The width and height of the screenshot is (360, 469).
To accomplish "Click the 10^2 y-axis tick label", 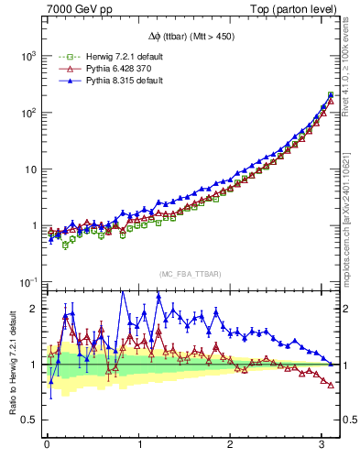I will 27,113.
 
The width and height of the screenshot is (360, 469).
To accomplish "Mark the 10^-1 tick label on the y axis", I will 27,282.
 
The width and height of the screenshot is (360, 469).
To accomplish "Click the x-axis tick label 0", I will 47,446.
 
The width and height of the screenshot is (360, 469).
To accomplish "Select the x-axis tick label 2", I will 231,446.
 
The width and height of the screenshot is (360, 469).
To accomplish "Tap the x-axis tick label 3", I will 322,446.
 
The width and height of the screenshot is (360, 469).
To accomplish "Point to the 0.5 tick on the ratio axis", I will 29,420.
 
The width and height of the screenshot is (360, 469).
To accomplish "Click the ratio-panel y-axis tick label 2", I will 34,309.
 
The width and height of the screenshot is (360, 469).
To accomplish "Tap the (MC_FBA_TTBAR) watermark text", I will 191,275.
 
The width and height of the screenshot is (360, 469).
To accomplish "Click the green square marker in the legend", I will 65,57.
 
